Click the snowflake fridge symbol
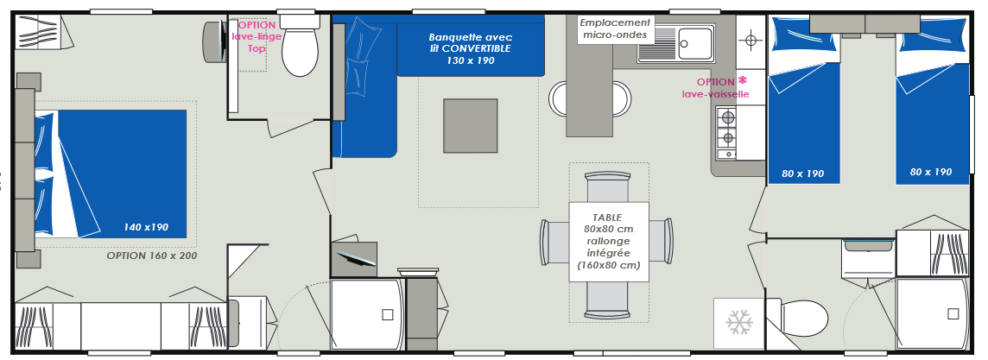coord(739,322)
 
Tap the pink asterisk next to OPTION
coord(743,80)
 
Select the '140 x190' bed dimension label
coord(147,227)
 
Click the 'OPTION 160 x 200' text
coord(152,256)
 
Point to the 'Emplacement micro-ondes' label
coord(615,29)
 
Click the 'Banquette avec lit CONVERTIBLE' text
coord(470,43)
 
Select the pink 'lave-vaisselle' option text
coord(716,94)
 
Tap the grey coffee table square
coord(470,126)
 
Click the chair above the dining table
coord(607,186)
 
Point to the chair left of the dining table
coord(554,241)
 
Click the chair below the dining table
coord(607,299)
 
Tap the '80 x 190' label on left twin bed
coord(803,174)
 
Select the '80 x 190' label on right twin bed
coord(931,172)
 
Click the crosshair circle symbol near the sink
coord(750,41)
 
